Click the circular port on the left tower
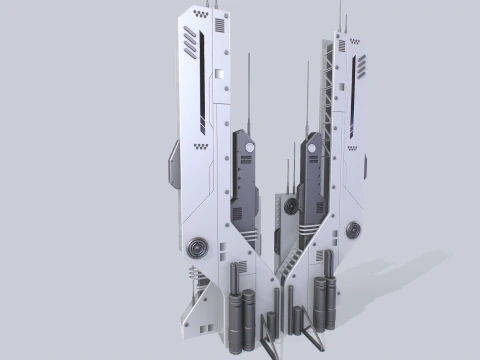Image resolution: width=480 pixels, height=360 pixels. (x=196, y=245)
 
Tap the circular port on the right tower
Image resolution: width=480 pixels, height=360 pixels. (x=352, y=231)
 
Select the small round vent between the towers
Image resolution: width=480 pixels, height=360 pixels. (x=291, y=207)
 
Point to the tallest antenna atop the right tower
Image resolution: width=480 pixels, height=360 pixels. (x=340, y=15)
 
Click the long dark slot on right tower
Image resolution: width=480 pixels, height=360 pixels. (x=353, y=80)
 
